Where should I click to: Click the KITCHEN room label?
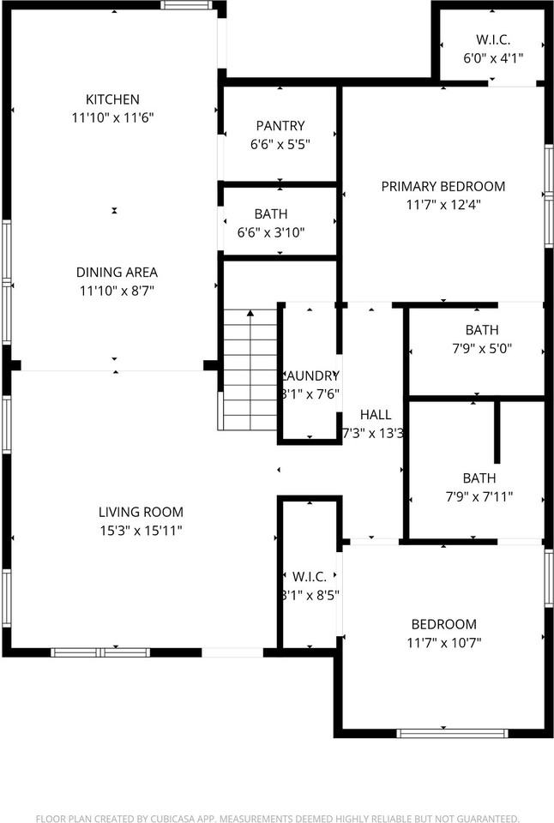tap(111, 99)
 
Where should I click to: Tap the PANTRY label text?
tap(280, 126)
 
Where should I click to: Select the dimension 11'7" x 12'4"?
tap(443, 205)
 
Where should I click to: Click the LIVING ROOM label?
tap(140, 512)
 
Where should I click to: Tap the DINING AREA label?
tap(118, 273)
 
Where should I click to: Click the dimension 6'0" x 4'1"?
tap(493, 58)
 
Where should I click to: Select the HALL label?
tap(375, 415)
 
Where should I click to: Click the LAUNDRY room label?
tap(310, 375)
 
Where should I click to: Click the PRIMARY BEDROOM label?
tap(443, 186)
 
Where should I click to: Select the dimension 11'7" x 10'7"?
tap(443, 643)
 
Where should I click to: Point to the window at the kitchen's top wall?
tap(187, 5)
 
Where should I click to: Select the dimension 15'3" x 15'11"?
tap(140, 531)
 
